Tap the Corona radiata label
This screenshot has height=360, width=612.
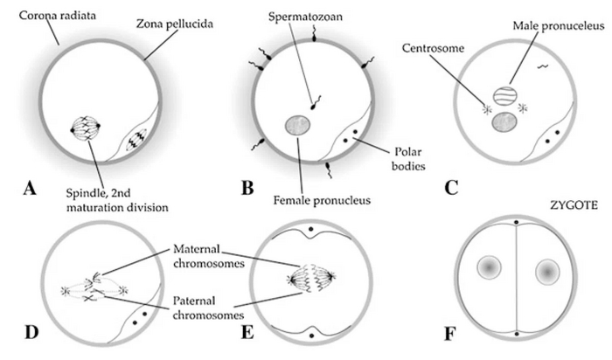38,17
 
